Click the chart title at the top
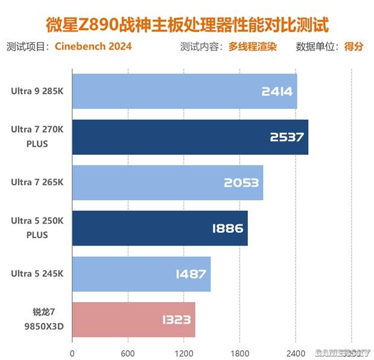click(188, 25)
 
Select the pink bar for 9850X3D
click(133, 320)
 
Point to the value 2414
click(277, 92)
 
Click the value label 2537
click(287, 137)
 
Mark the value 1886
click(227, 229)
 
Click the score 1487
click(191, 274)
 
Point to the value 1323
click(177, 320)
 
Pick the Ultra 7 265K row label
click(36, 183)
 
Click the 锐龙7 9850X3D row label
click(36, 320)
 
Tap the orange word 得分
click(353, 46)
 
